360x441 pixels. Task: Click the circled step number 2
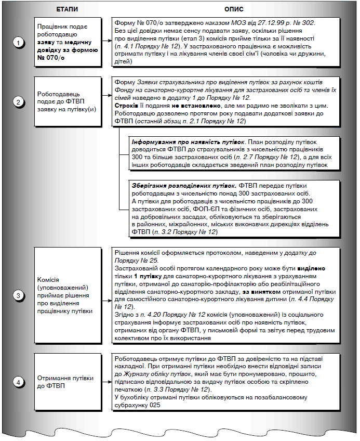coord(19,102)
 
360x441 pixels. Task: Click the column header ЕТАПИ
coord(66,9)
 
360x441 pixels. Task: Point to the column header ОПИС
coord(233,9)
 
